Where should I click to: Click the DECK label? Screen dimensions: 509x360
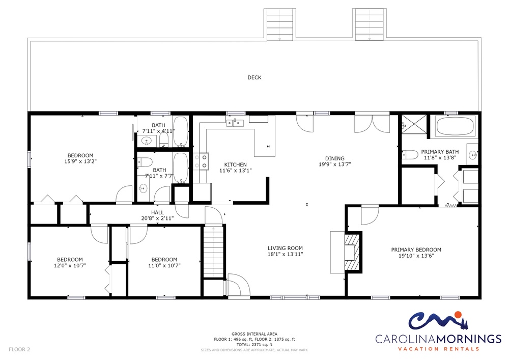(254, 77)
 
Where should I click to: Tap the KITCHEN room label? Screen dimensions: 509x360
(235, 164)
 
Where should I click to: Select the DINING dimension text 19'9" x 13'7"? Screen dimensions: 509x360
(335, 164)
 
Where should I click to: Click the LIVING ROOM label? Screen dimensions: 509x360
(285, 248)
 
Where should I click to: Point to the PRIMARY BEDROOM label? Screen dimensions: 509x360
(416, 250)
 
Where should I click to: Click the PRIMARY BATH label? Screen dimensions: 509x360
(440, 152)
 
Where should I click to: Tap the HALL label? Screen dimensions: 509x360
(157, 213)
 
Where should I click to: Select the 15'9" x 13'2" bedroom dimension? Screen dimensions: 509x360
(80, 161)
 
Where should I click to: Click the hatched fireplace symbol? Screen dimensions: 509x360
(353, 252)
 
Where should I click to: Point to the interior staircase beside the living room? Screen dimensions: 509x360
(214, 252)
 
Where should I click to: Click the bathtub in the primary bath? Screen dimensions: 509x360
(455, 126)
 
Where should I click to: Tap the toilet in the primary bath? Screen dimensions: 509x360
(410, 155)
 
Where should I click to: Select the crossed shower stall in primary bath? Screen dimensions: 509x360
(414, 124)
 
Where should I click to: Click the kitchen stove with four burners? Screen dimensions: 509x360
(201, 161)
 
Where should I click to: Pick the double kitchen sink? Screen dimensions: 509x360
(235, 123)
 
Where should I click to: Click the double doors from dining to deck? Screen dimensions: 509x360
(372, 124)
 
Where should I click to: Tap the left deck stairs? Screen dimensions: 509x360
(279, 24)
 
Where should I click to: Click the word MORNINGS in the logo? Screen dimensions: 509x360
(469, 339)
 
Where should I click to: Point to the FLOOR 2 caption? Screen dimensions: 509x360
(19, 349)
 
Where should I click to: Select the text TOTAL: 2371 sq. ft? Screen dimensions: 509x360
(254, 345)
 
